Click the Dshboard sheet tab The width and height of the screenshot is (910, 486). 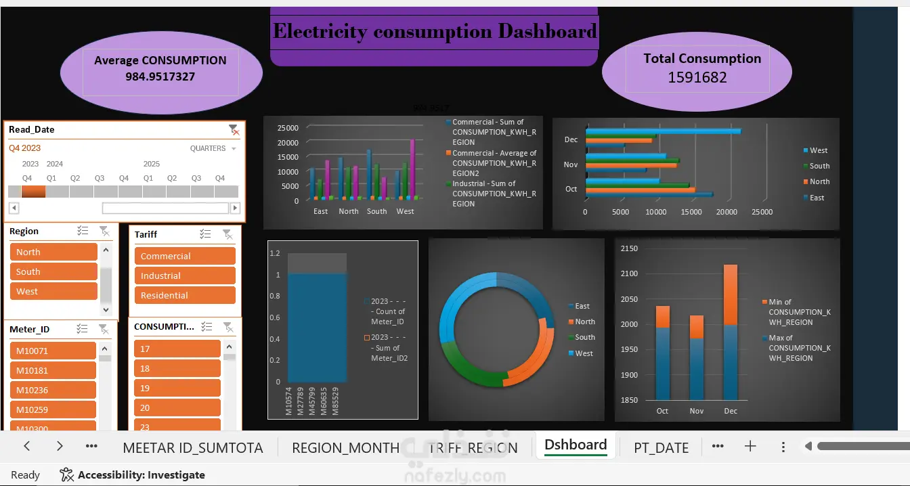pos(576,445)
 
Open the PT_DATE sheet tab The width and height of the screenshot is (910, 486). pos(661,447)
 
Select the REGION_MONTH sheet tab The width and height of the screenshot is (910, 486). pos(345,447)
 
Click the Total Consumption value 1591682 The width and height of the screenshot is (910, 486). pos(697,77)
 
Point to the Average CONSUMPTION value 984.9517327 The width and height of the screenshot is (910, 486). pos(160,76)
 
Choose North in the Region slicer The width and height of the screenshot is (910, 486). pos(53,252)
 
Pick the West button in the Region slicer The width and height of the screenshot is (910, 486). pos(53,291)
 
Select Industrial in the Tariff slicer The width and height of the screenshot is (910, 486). pos(184,275)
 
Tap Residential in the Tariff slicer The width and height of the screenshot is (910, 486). pos(184,295)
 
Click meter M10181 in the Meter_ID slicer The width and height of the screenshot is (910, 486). pos(53,370)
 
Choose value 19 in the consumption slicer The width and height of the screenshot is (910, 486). pos(177,388)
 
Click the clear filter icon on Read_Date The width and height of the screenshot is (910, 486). pos(233,129)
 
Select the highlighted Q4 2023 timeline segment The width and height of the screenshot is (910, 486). pos(33,192)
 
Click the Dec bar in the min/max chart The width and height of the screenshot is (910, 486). pos(731,332)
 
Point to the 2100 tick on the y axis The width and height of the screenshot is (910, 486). pos(629,273)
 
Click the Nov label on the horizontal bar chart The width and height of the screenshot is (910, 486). pos(571,164)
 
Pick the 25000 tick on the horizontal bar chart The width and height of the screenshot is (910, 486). pos(762,212)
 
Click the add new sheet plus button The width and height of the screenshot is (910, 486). pos(750,446)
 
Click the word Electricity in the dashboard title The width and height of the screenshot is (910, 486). pos(320,31)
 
